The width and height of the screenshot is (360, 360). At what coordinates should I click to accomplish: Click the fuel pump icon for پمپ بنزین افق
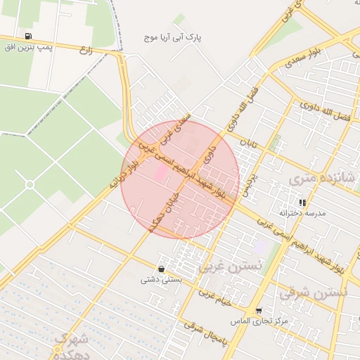coord(28,35)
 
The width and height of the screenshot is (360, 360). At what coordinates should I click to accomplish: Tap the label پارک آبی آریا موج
coord(172,35)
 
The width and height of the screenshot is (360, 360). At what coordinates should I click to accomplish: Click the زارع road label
coord(86,50)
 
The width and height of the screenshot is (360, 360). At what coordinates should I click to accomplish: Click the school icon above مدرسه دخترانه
coord(302,202)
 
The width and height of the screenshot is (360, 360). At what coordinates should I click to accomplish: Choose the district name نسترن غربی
coord(230,266)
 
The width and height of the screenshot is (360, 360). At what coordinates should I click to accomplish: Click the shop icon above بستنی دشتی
coord(162,269)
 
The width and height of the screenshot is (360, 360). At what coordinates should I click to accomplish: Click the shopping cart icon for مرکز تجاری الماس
coord(259,311)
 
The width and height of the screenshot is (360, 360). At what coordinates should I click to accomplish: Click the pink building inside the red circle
coord(161,172)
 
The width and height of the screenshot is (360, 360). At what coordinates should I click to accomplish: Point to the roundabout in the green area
coord(30,184)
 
